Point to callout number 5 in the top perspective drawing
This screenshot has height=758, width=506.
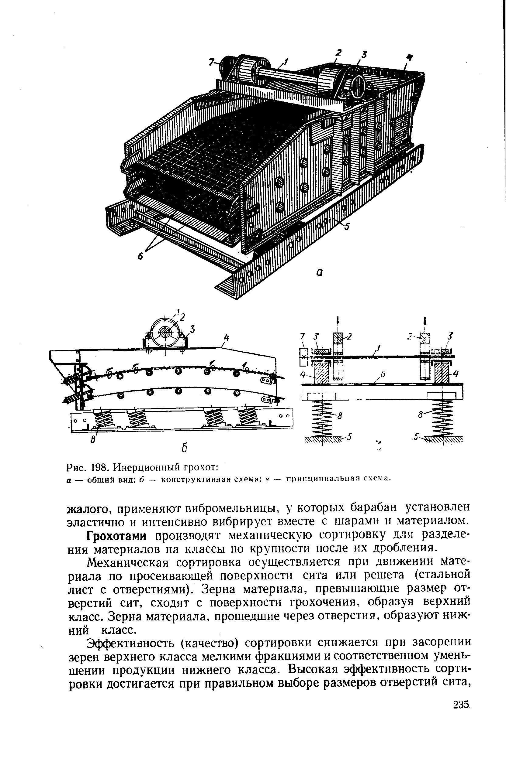click(x=347, y=227)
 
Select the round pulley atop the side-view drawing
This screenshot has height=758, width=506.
click(x=165, y=332)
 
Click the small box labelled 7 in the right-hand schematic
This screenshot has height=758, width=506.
click(x=304, y=357)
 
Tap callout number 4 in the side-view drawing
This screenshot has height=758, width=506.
click(x=226, y=338)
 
